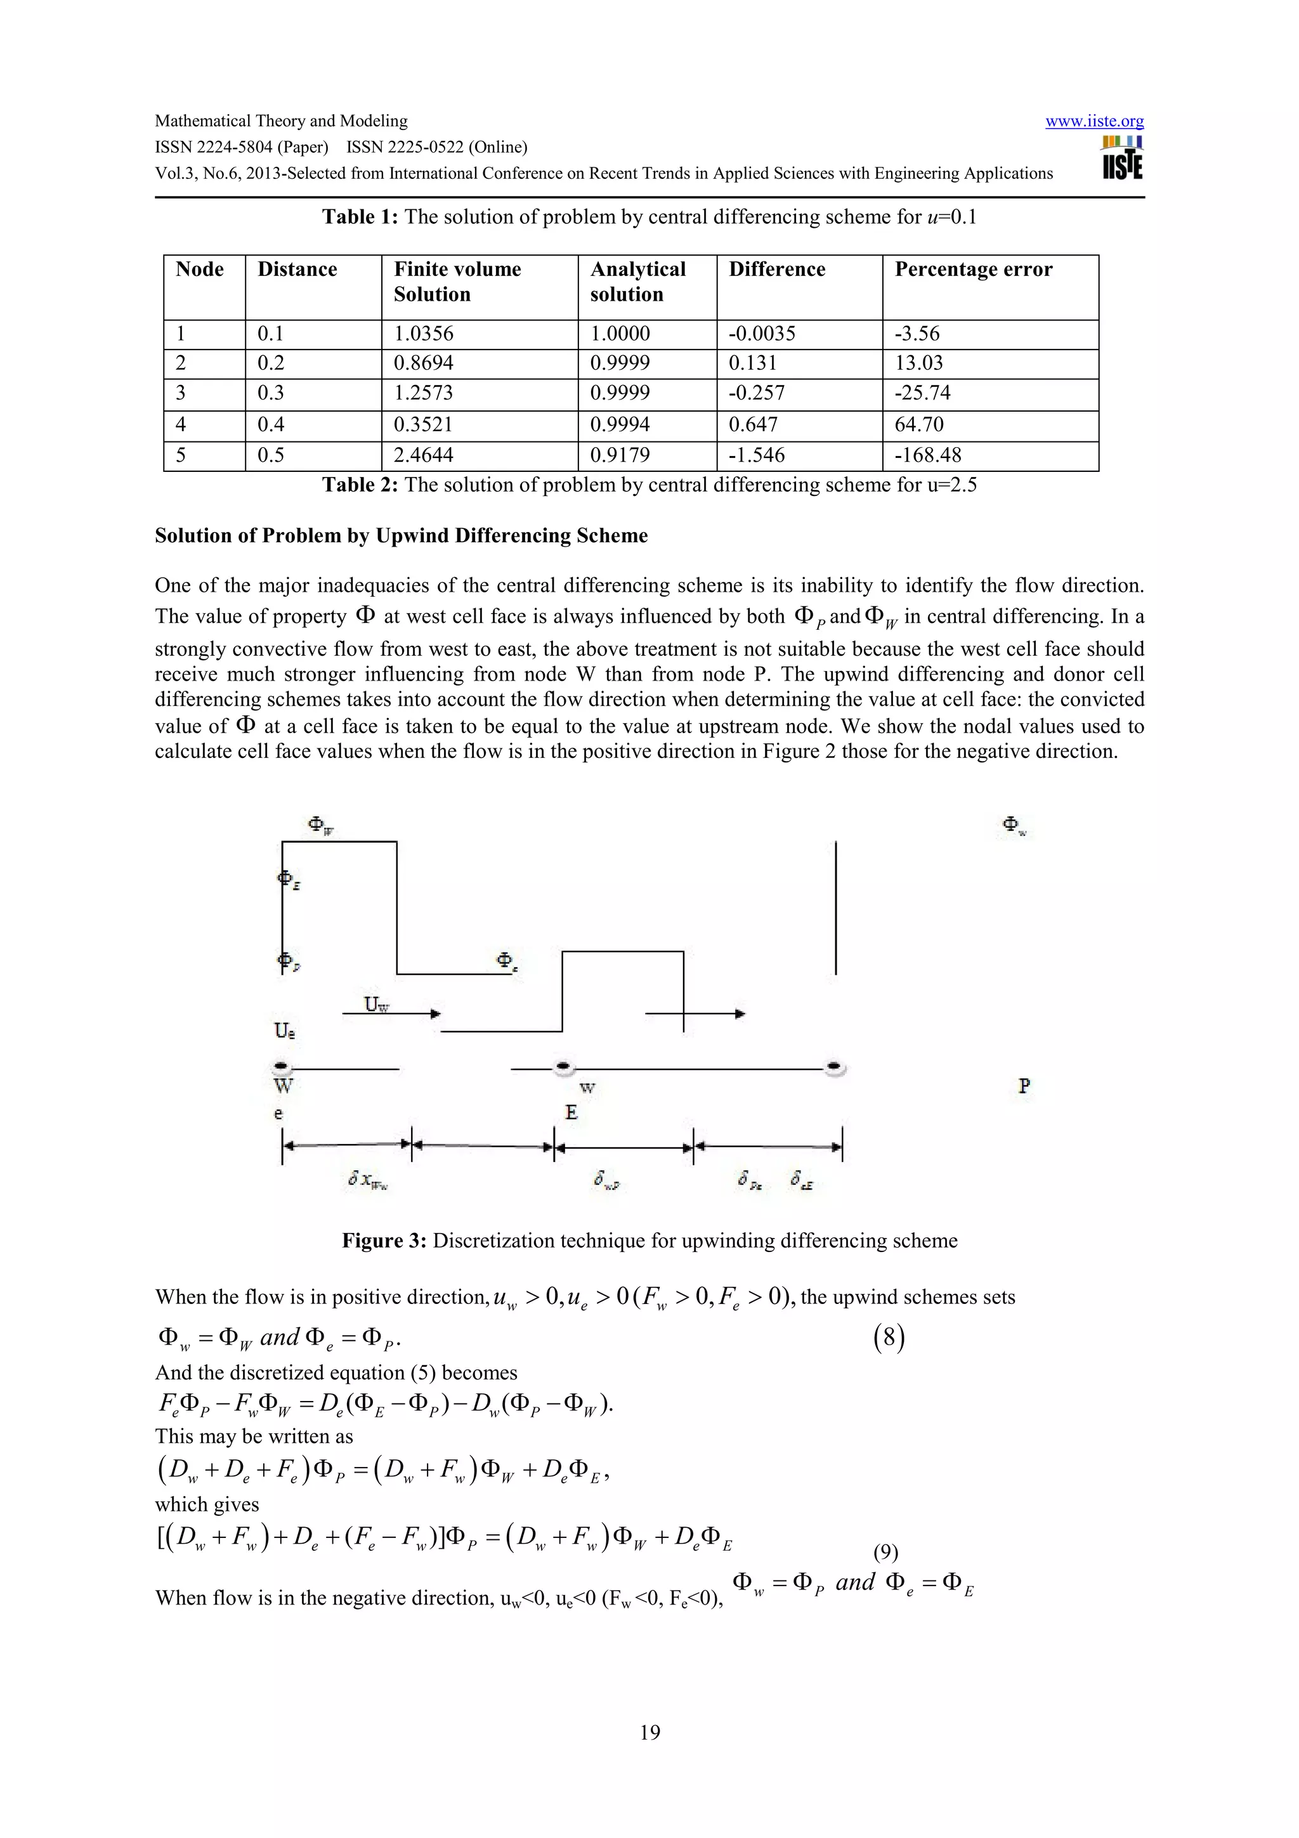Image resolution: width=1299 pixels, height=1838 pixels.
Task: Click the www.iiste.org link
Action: [1093, 121]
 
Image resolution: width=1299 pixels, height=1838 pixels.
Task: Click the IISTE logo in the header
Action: [1121, 158]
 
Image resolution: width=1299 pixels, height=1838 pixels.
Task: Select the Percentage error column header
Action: [972, 270]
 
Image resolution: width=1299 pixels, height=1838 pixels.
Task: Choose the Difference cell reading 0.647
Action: [752, 425]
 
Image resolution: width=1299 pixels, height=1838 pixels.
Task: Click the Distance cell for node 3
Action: [271, 393]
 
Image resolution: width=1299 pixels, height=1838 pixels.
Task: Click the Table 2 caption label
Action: [360, 485]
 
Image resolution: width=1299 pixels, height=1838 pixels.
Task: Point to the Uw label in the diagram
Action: [376, 1004]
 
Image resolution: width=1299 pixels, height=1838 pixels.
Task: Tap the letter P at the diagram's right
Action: [1024, 1086]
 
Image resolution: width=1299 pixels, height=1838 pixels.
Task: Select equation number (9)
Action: [885, 1553]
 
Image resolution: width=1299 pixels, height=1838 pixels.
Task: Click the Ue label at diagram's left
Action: [285, 1031]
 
